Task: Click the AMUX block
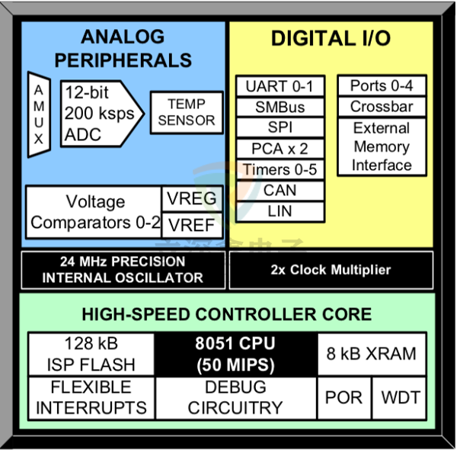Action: pos(39,114)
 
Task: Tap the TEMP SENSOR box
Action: pos(187,111)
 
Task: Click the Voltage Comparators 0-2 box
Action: pos(94,212)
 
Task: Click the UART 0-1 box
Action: pos(279,86)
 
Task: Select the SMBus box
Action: pos(279,107)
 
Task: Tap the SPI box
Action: pos(279,127)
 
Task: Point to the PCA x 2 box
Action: pos(279,149)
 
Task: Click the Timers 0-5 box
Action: pos(279,169)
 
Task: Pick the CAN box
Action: pos(279,190)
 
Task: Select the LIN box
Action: pos(279,210)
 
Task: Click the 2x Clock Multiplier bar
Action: pos(331,270)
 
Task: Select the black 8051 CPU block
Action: pos(235,354)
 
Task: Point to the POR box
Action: pos(344,397)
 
